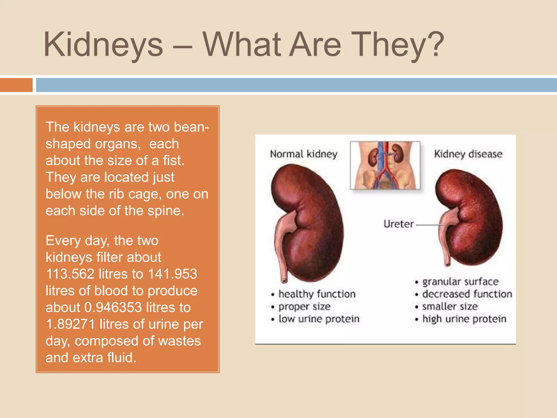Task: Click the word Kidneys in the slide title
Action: point(103,45)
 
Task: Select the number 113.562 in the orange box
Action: point(70,274)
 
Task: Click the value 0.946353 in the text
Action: point(113,308)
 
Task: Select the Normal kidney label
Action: point(304,154)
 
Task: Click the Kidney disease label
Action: point(468,154)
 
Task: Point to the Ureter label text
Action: point(398,224)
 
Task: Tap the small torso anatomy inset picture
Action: point(385,165)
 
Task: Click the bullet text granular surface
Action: point(460,282)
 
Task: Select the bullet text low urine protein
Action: point(319,319)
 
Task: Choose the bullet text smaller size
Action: point(450,306)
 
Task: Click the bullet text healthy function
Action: point(317,294)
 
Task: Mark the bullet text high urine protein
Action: point(464,319)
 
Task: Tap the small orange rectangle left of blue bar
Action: point(16,85)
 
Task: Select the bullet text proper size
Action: point(304,307)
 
